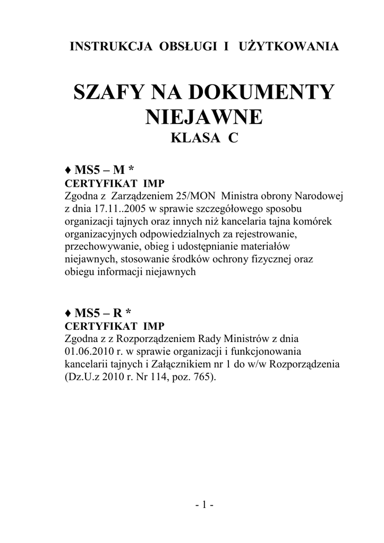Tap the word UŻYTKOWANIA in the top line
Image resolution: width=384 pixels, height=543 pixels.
[x=289, y=47]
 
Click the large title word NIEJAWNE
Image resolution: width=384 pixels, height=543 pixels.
[x=204, y=117]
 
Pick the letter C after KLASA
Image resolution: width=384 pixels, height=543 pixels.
[x=233, y=139]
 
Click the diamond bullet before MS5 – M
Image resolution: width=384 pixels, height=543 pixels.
[x=67, y=171]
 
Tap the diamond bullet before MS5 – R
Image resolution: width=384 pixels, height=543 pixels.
[x=67, y=312]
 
